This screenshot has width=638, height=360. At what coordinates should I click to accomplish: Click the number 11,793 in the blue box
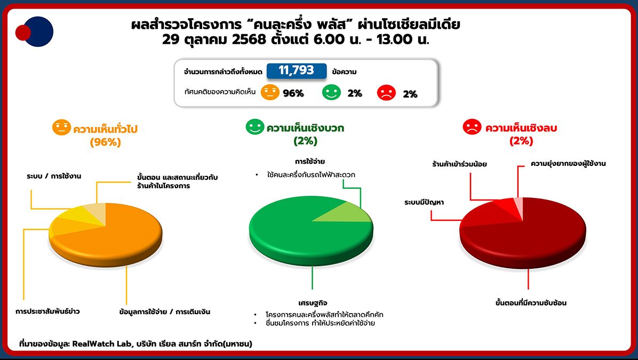point(296,70)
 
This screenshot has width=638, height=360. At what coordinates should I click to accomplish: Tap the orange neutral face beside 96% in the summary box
point(270,92)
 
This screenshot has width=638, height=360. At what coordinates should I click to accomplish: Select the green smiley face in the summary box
point(331,92)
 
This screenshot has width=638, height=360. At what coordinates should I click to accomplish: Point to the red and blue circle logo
point(35,32)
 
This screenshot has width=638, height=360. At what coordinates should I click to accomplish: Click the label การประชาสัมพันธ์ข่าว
point(48,311)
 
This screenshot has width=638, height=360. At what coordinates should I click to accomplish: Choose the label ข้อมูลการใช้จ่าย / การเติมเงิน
point(165,311)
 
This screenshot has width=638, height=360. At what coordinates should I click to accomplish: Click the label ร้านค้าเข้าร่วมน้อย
point(459,164)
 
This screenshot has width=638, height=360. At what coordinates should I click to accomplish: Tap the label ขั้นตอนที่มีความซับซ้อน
point(530,303)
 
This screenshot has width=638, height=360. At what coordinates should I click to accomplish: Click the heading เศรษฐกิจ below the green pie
point(313,303)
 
